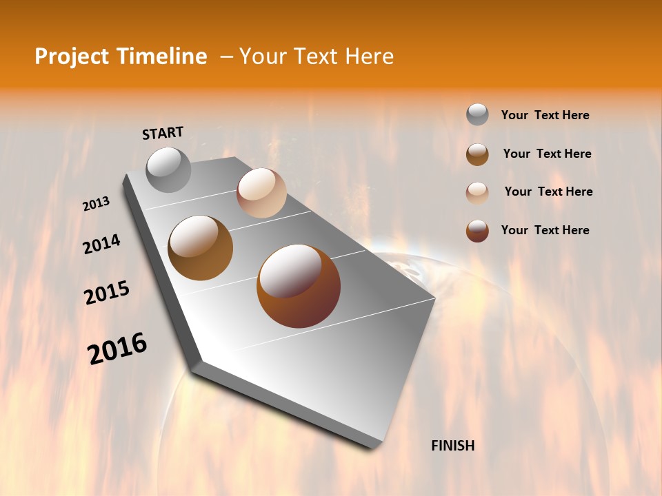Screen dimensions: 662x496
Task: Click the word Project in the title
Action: click(71, 56)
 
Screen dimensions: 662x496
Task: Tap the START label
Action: click(163, 133)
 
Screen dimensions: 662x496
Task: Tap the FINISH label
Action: click(453, 446)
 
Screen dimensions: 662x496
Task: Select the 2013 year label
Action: click(96, 204)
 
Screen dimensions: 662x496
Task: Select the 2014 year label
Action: click(101, 244)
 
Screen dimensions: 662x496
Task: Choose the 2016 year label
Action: click(117, 349)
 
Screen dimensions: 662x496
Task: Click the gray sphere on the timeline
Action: click(168, 169)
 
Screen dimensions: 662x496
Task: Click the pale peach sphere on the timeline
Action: click(261, 193)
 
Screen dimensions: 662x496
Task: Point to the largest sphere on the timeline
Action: click(299, 286)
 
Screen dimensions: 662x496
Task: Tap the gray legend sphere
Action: click(477, 114)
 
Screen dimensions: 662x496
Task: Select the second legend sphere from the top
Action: click(477, 154)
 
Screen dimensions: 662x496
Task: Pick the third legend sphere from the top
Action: click(477, 192)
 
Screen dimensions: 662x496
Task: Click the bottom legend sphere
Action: click(477, 231)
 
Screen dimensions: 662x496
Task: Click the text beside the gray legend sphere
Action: click(545, 115)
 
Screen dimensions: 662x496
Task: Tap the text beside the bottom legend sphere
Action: click(545, 230)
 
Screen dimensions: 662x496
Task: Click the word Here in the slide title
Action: click(369, 56)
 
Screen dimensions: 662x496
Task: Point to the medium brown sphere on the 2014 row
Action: click(200, 248)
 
